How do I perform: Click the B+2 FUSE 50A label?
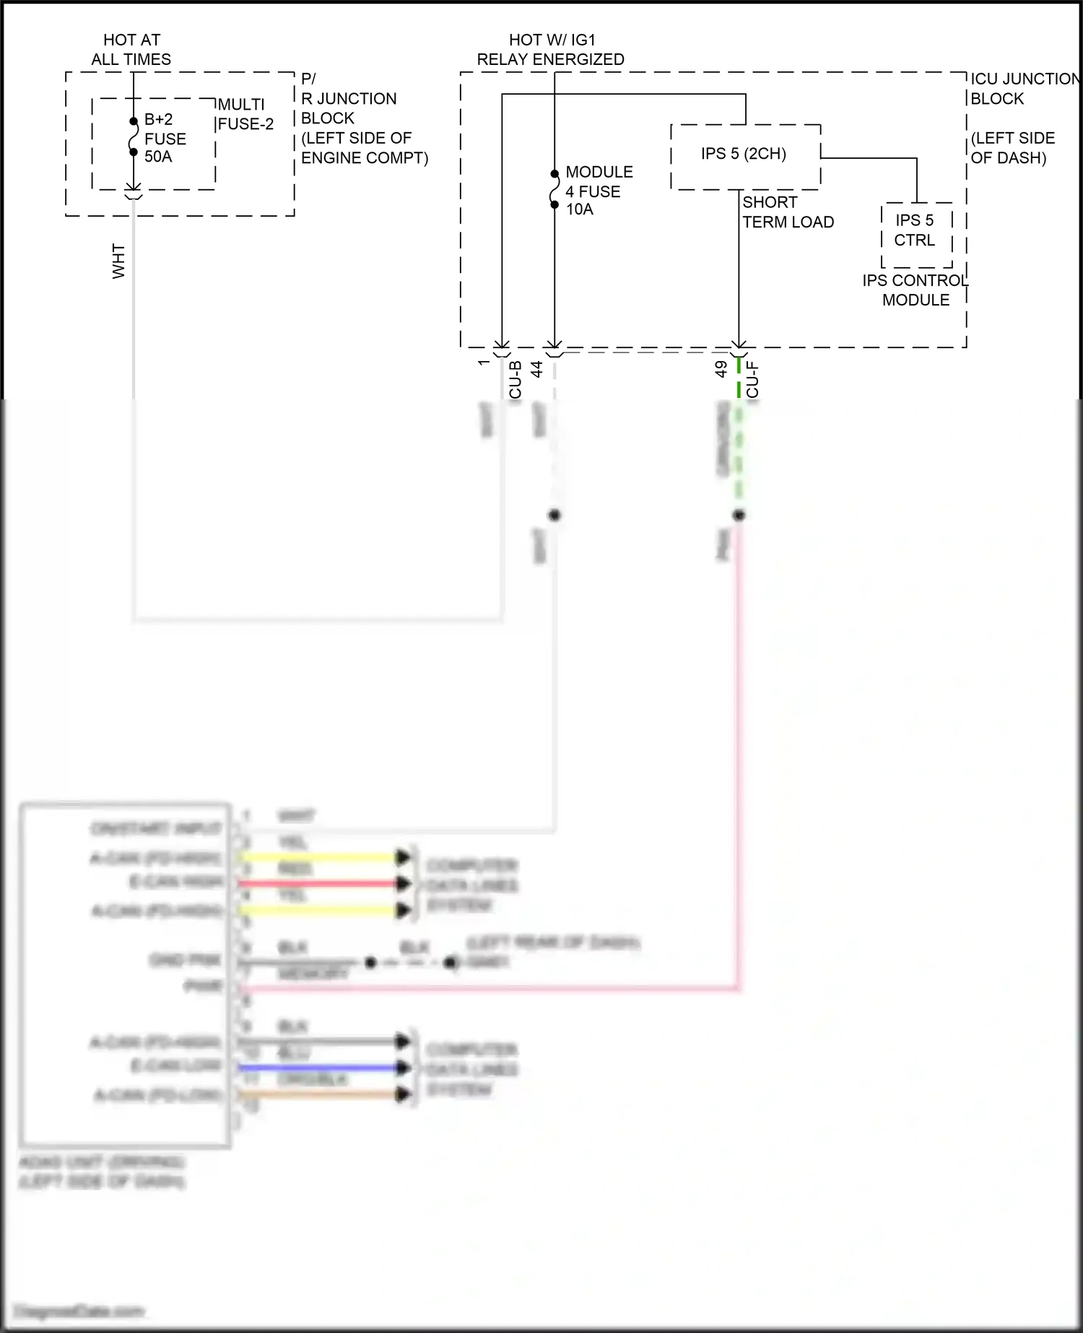click(165, 138)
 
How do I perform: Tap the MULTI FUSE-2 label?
click(245, 114)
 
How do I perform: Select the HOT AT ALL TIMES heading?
click(131, 50)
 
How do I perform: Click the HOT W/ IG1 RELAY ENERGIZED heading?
click(550, 50)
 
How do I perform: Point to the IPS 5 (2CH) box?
click(744, 155)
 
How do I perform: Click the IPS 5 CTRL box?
click(915, 231)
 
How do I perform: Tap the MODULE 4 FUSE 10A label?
click(599, 191)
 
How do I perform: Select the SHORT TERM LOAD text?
click(788, 212)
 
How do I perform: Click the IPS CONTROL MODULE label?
click(915, 290)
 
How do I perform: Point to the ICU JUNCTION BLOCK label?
click(1024, 89)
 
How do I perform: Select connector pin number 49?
click(721, 369)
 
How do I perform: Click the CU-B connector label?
click(516, 379)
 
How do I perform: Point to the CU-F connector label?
click(752, 379)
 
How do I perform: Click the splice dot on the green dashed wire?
click(739, 516)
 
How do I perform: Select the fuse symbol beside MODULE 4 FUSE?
click(554, 189)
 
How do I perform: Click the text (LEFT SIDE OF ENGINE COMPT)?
click(364, 148)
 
